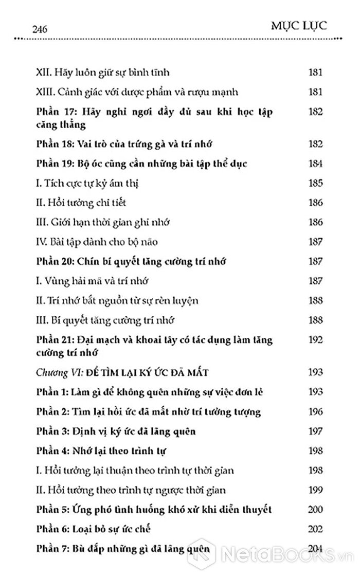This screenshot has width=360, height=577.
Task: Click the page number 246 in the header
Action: point(40,30)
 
